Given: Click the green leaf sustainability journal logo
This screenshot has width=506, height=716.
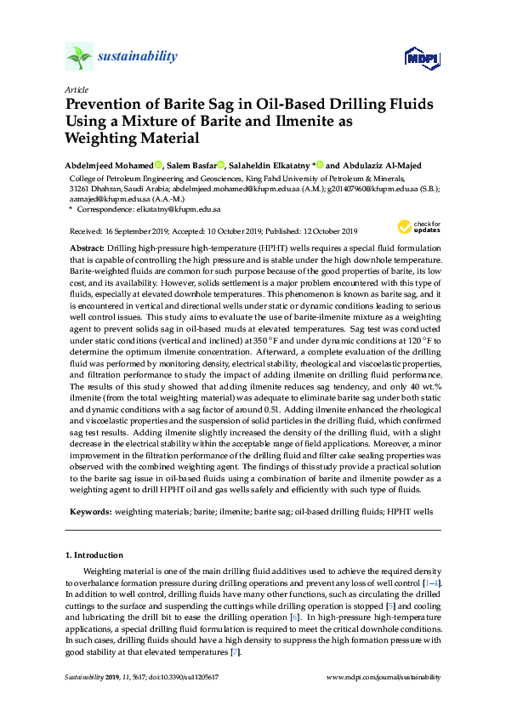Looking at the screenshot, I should coord(79,58).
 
